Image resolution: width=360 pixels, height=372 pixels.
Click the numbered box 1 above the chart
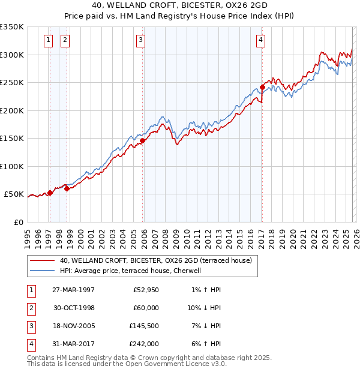48,41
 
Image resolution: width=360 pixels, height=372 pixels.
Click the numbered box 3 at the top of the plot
140,41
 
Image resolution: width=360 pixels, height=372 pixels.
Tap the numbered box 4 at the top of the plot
261,41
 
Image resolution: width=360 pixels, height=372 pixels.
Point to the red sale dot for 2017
262,88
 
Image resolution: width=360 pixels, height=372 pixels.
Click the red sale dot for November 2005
143,142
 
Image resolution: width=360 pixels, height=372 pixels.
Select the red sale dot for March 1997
50,193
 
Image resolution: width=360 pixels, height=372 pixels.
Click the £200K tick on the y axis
12,110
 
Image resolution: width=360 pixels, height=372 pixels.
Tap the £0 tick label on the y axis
18,222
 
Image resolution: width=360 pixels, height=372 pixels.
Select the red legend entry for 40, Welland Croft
159,260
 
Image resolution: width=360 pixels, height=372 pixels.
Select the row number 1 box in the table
29,290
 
